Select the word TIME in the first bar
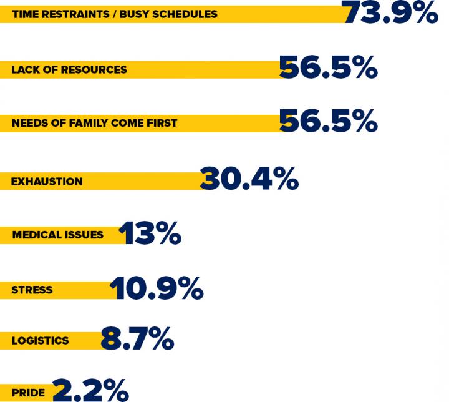(x=25, y=14)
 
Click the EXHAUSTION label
(x=47, y=182)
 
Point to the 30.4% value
(x=249, y=179)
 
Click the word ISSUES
(x=84, y=235)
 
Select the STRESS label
(x=32, y=290)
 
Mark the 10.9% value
(x=157, y=288)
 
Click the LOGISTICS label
(x=40, y=341)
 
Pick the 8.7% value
(x=137, y=339)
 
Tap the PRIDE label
(x=27, y=393)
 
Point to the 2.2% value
(x=90, y=390)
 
